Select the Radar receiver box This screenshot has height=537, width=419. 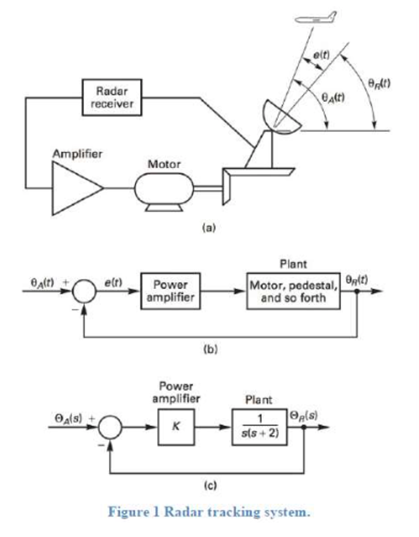click(112, 97)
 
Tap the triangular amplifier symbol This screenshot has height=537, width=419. click(74, 188)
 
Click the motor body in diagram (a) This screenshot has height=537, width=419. click(164, 188)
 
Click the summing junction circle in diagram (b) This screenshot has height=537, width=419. click(84, 291)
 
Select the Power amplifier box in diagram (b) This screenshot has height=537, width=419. click(170, 291)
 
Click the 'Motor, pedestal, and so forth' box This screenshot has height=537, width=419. click(293, 291)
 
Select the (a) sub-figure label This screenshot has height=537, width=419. click(209, 228)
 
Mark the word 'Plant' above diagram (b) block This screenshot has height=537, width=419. click(293, 264)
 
